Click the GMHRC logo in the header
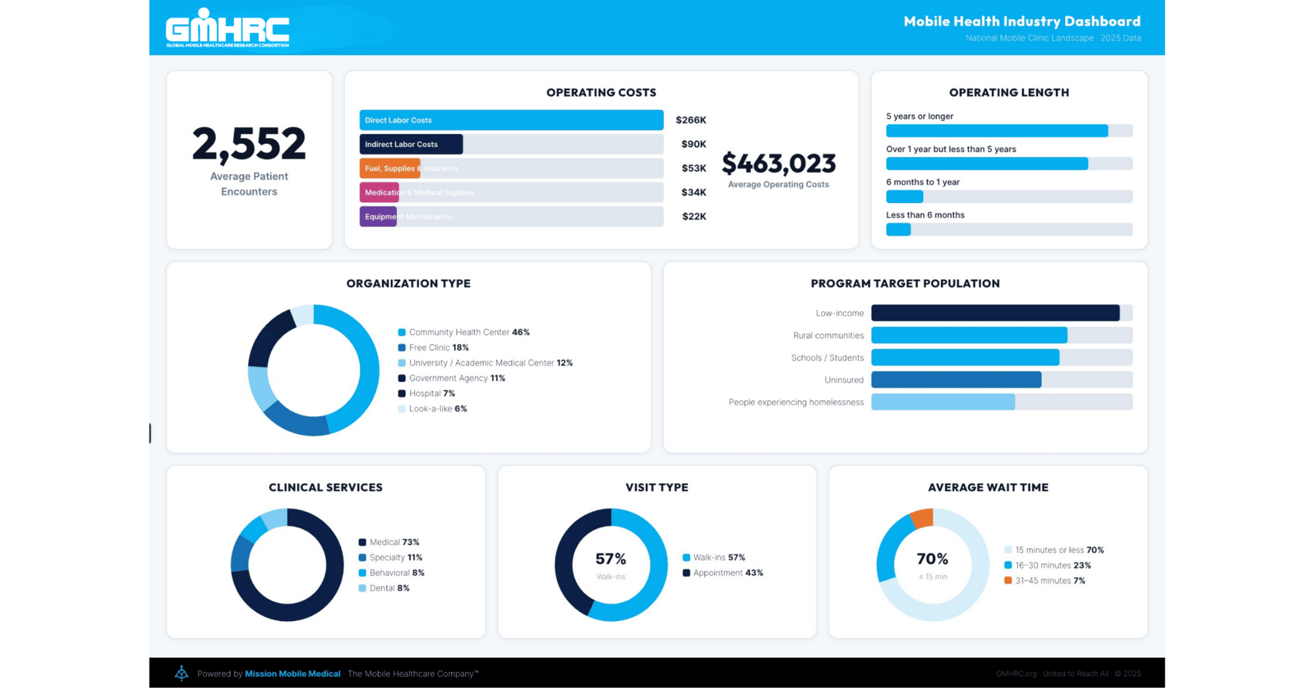pyautogui.click(x=227, y=28)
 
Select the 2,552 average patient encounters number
pyautogui.click(x=249, y=144)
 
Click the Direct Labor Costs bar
pyautogui.click(x=511, y=120)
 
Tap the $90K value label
pyautogui.click(x=693, y=144)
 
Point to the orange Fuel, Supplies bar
pyautogui.click(x=390, y=168)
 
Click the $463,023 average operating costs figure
pyautogui.click(x=779, y=163)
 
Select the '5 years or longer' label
pyautogui.click(x=919, y=116)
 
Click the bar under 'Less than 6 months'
pyautogui.click(x=898, y=229)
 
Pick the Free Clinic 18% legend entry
pyautogui.click(x=438, y=348)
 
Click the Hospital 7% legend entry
pyautogui.click(x=432, y=394)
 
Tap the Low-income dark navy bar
pyautogui.click(x=995, y=313)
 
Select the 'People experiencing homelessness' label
pyautogui.click(x=796, y=402)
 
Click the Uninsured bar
pyautogui.click(x=956, y=380)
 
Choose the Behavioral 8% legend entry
pyautogui.click(x=396, y=573)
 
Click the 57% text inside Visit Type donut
pyautogui.click(x=610, y=559)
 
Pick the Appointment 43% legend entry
pyautogui.click(x=727, y=573)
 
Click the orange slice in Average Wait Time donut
pyautogui.click(x=922, y=518)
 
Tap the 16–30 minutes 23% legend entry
pyautogui.click(x=1052, y=565)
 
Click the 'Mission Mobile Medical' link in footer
pyautogui.click(x=292, y=674)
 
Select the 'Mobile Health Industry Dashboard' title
pyautogui.click(x=1022, y=21)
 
